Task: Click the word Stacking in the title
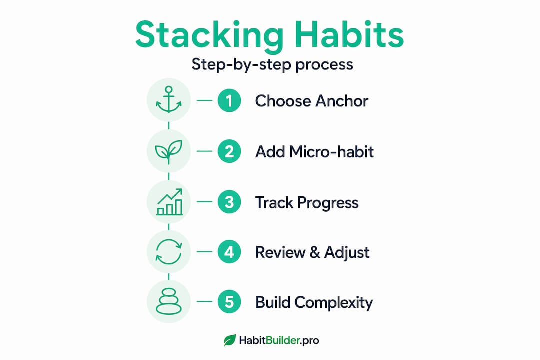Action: pyautogui.click(x=209, y=35)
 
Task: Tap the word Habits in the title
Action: pyautogui.click(x=349, y=34)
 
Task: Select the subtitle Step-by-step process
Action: pyautogui.click(x=272, y=65)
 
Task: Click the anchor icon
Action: pyautogui.click(x=169, y=100)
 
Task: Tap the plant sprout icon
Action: pyautogui.click(x=169, y=151)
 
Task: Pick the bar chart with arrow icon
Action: pyautogui.click(x=169, y=202)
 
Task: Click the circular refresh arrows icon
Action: pyautogui.click(x=169, y=252)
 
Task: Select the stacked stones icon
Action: pyautogui.click(x=169, y=302)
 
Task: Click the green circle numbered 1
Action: pyautogui.click(x=229, y=100)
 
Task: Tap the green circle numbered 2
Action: pyautogui.click(x=229, y=151)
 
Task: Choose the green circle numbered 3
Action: pyautogui.click(x=229, y=202)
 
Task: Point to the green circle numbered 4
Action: pyautogui.click(x=229, y=252)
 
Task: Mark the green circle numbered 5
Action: pyautogui.click(x=229, y=302)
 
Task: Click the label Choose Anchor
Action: pyautogui.click(x=311, y=101)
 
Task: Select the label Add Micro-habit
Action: pyautogui.click(x=314, y=152)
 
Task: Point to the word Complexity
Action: pyautogui.click(x=333, y=303)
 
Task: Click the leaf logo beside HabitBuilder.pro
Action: pyautogui.click(x=230, y=340)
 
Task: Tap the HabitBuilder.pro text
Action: pyautogui.click(x=279, y=340)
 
